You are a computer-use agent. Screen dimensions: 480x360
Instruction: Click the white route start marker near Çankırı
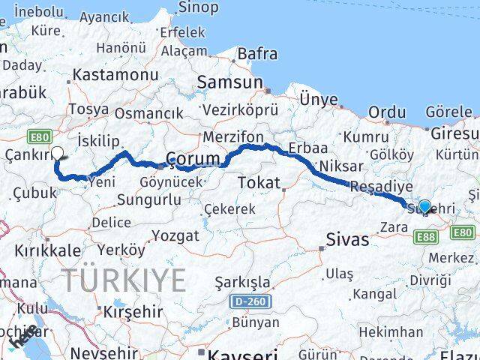(58, 154)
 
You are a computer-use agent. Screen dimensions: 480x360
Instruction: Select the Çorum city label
(193, 160)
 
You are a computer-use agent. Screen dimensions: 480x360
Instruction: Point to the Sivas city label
(348, 240)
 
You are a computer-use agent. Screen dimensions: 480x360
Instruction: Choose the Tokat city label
(259, 182)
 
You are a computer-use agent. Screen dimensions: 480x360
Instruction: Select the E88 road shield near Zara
(424, 237)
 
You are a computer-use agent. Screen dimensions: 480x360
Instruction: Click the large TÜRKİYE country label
(124, 280)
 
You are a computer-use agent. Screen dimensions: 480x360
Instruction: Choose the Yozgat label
(175, 235)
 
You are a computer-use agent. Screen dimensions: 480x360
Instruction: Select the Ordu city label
(388, 112)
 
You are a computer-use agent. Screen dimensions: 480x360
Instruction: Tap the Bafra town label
(257, 54)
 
